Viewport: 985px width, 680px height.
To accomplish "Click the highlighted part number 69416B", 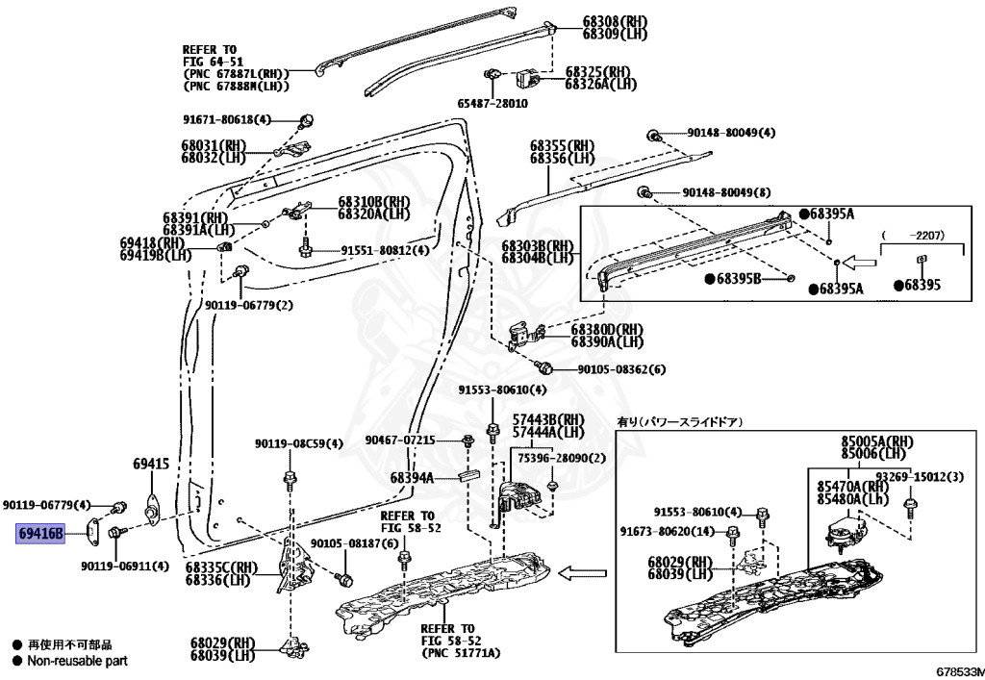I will pos(39,533).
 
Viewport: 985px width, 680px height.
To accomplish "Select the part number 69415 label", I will pos(151,464).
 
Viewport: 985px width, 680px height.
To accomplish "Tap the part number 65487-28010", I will pos(492,103).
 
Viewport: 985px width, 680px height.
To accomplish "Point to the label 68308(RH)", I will pos(616,21).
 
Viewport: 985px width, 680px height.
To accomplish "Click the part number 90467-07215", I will pos(400,441).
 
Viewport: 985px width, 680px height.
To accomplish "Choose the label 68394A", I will pos(412,477).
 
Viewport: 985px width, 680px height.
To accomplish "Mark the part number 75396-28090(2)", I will pos(563,459).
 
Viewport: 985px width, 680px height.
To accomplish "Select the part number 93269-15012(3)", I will pos(909,477).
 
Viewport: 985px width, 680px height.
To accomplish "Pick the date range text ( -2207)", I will pos(922,234).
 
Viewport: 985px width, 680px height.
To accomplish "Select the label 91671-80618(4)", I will pos(228,119).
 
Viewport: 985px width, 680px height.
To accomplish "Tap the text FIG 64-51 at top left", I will pos(210,62).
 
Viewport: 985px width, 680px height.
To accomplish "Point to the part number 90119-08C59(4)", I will pos(299,444).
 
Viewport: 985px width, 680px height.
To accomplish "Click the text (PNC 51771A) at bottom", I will pos(461,652).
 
